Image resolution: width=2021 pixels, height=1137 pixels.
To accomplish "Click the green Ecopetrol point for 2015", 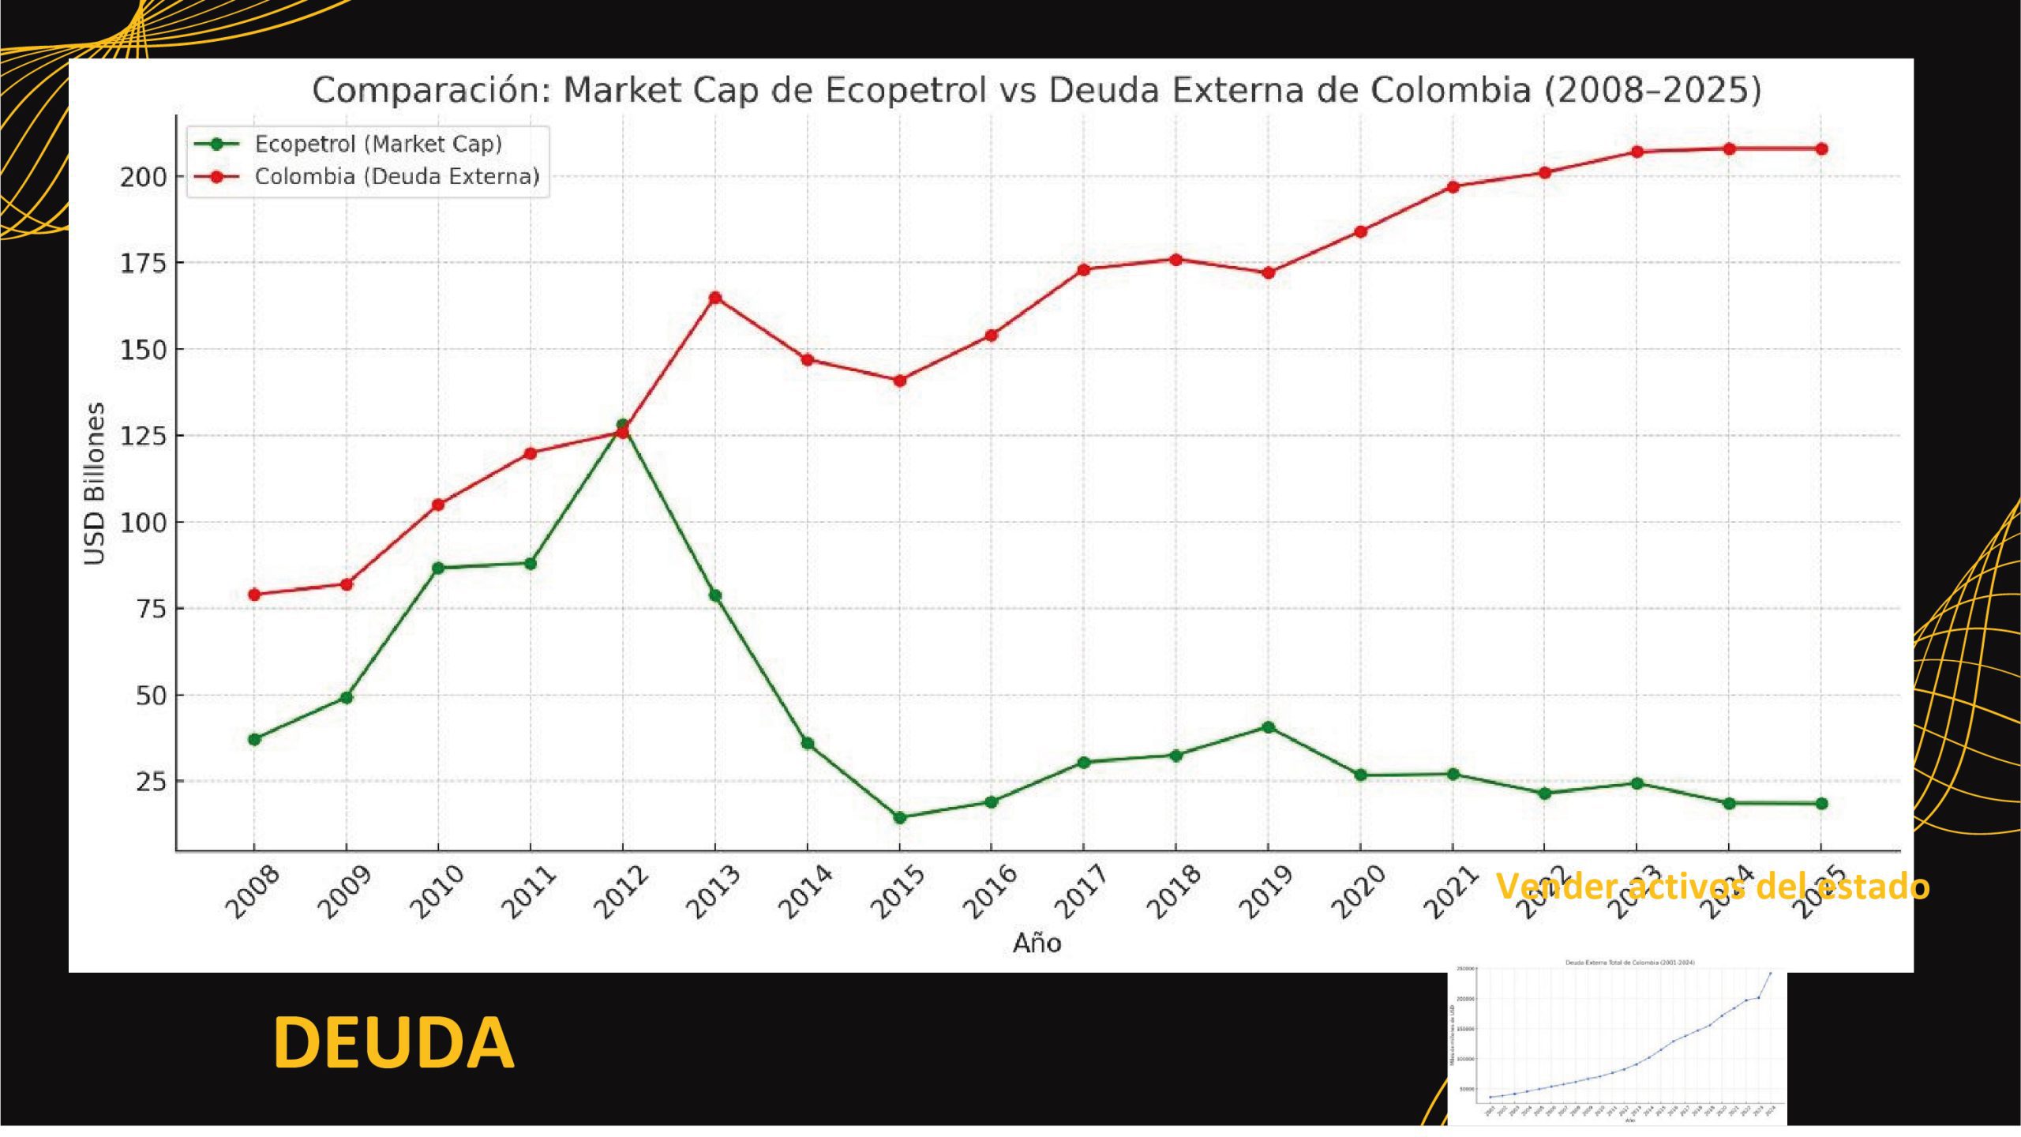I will pyautogui.click(x=899, y=818).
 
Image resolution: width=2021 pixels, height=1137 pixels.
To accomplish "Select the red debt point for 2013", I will pyautogui.click(x=715, y=298).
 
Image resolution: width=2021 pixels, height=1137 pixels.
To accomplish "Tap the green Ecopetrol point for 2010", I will pyautogui.click(x=438, y=568).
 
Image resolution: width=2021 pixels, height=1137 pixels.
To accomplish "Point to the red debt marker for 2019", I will pyautogui.click(x=1268, y=273).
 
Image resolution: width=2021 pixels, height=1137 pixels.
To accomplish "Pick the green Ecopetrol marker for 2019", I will pyautogui.click(x=1268, y=727).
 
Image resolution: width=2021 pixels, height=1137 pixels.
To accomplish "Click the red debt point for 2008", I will pyautogui.click(x=254, y=595).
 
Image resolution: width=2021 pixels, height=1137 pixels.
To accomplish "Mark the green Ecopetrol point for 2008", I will pyautogui.click(x=254, y=740).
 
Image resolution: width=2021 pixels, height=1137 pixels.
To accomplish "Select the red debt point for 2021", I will pyautogui.click(x=1453, y=187).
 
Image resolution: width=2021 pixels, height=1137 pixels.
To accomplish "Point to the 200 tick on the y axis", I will pyautogui.click(x=144, y=177).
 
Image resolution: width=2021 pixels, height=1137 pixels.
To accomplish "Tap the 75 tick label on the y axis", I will pyautogui.click(x=152, y=609).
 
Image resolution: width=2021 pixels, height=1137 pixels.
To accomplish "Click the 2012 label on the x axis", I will pyautogui.click(x=621, y=892).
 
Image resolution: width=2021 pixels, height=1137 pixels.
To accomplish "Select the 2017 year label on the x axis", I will pyautogui.click(x=1082, y=892).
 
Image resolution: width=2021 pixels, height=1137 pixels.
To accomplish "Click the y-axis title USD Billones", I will pyautogui.click(x=95, y=483).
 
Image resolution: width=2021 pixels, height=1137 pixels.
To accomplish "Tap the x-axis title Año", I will pyautogui.click(x=1037, y=943).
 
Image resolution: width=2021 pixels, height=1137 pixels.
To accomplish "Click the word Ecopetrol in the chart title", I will pyautogui.click(x=906, y=90).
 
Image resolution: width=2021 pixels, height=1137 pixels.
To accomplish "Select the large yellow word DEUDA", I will pyautogui.click(x=393, y=1043).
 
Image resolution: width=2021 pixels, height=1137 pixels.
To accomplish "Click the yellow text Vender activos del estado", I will pyautogui.click(x=1712, y=886).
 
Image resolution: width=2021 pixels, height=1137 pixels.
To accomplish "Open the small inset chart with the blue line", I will pyautogui.click(x=1617, y=1044).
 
